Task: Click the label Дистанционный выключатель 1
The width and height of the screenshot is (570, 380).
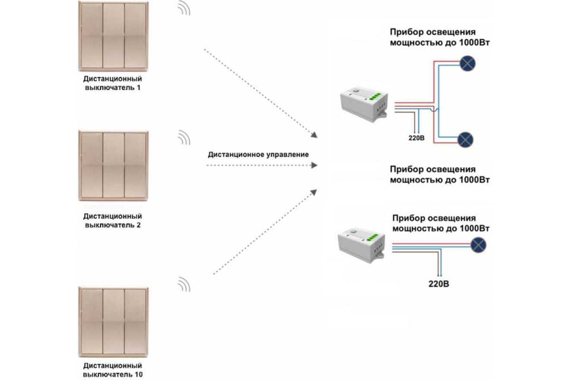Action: click(x=113, y=83)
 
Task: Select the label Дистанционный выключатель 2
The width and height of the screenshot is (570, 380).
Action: click(x=113, y=220)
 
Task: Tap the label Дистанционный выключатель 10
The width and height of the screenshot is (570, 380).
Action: click(x=113, y=370)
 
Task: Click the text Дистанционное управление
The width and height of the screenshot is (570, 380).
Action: click(x=258, y=154)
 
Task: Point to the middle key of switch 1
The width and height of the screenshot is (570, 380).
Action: click(x=114, y=36)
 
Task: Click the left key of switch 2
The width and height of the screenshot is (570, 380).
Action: click(x=92, y=165)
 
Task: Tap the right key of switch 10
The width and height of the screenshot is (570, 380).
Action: click(x=135, y=321)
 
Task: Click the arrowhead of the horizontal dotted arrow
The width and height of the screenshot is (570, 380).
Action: click(x=314, y=165)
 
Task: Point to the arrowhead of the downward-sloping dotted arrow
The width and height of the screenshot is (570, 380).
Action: click(x=314, y=135)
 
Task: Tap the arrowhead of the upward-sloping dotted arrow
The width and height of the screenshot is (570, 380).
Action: click(x=314, y=192)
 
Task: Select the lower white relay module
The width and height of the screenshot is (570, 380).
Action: click(x=361, y=245)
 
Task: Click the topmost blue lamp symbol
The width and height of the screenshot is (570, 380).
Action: click(x=467, y=63)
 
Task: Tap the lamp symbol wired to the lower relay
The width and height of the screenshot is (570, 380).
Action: click(x=478, y=245)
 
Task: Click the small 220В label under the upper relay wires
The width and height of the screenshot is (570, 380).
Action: click(x=417, y=138)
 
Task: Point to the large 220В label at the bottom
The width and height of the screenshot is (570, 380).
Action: click(x=439, y=284)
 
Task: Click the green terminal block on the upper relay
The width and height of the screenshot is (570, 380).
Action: click(x=375, y=96)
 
